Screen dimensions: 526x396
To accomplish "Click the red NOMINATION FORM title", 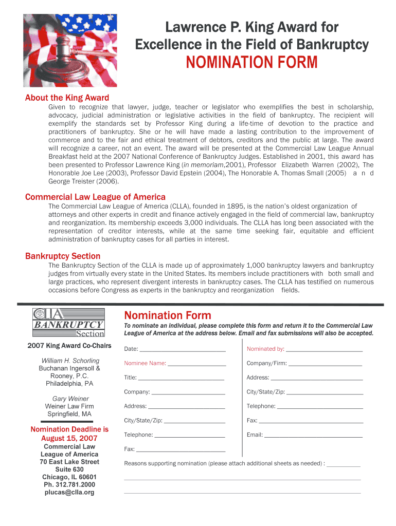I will tap(251, 63).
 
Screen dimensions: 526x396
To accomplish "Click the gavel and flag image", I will tap(70, 50).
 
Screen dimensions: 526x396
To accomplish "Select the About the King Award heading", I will tap(67, 98).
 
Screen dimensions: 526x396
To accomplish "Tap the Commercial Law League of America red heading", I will tap(95, 197).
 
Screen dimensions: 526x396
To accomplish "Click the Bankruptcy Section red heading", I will tap(63, 256).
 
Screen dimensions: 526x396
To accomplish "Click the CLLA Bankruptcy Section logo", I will tap(68, 322).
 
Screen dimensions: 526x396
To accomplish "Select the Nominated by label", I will tap(265, 349).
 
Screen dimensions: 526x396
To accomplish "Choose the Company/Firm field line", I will tap(325, 364).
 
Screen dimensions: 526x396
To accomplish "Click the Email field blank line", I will tap(313, 436).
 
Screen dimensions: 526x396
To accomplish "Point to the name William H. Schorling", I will tap(70, 361).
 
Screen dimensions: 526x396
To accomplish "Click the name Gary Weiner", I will tap(70, 399).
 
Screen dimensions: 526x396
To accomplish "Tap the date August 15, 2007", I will tap(69, 438).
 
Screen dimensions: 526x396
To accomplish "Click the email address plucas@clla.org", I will tap(69, 492).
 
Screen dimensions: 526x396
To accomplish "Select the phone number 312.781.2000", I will tap(75, 484).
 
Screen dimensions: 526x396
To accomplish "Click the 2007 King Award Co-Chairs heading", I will tap(69, 345).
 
